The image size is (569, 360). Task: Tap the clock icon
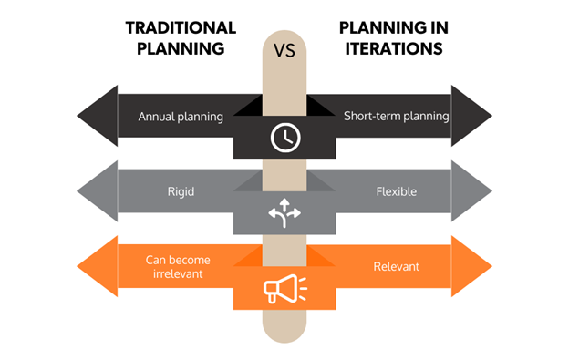pyautogui.click(x=284, y=138)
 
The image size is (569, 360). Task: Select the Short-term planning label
pyautogui.click(x=397, y=117)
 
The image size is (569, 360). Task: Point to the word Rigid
pyautogui.click(x=181, y=192)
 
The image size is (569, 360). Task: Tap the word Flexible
pyautogui.click(x=397, y=192)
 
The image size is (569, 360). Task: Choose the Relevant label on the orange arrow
pyautogui.click(x=397, y=267)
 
